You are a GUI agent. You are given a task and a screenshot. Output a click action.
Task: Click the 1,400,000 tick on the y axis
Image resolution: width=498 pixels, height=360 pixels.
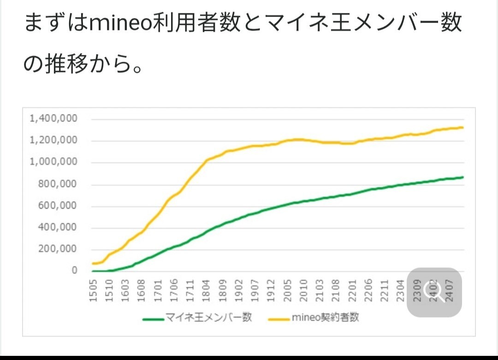(x=53, y=119)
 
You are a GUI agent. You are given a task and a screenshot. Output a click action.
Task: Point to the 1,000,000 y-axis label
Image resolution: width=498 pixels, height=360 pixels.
(x=53, y=162)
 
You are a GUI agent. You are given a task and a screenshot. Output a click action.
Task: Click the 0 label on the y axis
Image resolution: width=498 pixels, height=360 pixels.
(x=74, y=271)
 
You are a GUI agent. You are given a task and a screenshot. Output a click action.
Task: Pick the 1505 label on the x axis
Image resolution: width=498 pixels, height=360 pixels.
(x=93, y=290)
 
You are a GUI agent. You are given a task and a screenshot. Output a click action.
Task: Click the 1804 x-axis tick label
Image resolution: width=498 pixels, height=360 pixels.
(x=206, y=290)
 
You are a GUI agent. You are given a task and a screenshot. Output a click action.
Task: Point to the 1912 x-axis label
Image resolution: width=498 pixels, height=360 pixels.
(x=271, y=290)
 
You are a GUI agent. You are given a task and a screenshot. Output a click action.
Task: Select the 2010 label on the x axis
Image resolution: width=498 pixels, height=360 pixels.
(x=303, y=290)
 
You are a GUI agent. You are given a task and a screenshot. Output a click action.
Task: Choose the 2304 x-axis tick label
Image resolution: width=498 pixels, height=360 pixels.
(x=400, y=290)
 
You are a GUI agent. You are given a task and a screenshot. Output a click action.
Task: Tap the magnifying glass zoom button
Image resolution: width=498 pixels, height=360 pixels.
(x=434, y=293)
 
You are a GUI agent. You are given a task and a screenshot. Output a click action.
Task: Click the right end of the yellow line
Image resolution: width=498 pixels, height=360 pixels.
(x=462, y=128)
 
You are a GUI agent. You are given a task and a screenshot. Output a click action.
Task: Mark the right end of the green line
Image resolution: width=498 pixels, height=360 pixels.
(x=462, y=177)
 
